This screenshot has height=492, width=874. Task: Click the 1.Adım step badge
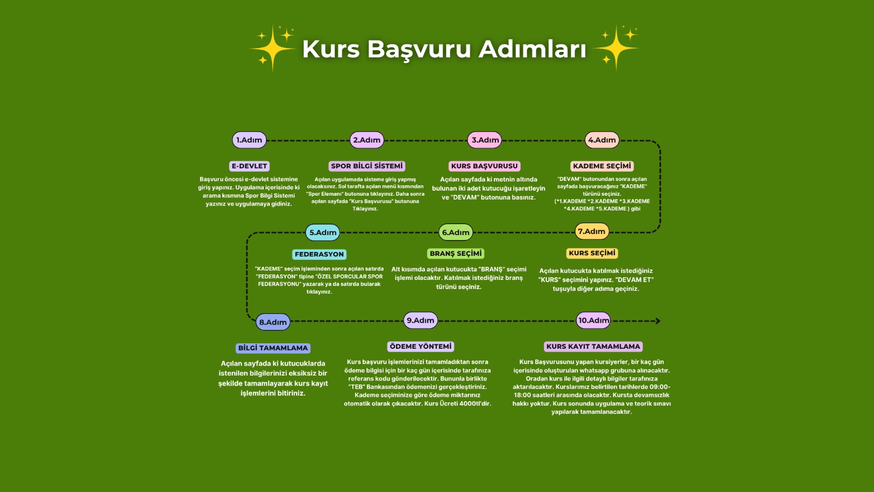(249, 140)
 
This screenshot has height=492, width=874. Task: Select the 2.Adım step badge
(367, 140)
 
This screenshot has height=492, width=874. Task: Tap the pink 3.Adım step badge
(485, 140)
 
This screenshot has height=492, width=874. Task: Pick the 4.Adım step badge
(602, 140)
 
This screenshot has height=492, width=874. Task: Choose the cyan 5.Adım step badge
(323, 232)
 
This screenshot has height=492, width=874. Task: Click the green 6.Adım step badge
(456, 232)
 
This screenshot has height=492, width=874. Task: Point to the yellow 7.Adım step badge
(592, 231)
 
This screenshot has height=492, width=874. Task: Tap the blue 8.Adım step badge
(273, 322)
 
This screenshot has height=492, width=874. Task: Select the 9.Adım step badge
(421, 320)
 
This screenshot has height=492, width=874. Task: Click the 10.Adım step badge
(594, 320)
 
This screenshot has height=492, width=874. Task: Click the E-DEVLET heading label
(250, 166)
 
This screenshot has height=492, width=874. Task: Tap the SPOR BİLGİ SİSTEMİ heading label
(367, 166)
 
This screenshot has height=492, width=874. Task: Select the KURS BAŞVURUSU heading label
(485, 166)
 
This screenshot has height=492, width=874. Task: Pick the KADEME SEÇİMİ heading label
(602, 166)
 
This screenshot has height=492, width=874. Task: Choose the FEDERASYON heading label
(320, 254)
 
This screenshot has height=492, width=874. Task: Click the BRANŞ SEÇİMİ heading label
(456, 254)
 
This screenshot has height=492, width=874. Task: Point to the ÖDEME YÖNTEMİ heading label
(421, 347)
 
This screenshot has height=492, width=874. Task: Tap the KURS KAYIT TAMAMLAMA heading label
(593, 347)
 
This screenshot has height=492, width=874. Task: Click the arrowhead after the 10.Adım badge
(658, 321)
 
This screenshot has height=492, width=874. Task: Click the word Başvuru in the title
(419, 49)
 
